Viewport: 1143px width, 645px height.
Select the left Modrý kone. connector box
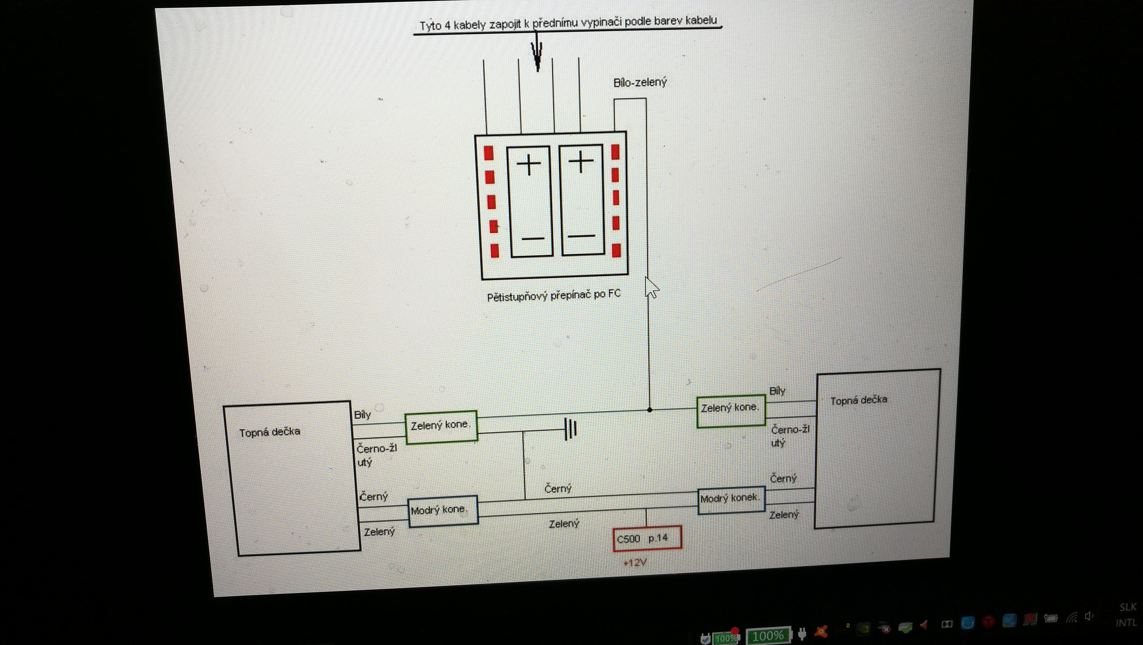pyautogui.click(x=443, y=511)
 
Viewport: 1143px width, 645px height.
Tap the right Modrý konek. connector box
pyautogui.click(x=731, y=500)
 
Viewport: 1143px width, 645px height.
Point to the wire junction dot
pyautogui.click(x=650, y=410)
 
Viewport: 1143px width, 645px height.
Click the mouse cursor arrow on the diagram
pyautogui.click(x=651, y=287)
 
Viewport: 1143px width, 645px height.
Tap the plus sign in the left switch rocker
pyautogui.click(x=529, y=165)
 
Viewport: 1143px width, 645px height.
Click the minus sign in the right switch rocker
pyautogui.click(x=581, y=236)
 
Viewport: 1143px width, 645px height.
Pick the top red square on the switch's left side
pyautogui.click(x=489, y=153)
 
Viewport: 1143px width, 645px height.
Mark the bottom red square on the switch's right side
pyautogui.click(x=616, y=251)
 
